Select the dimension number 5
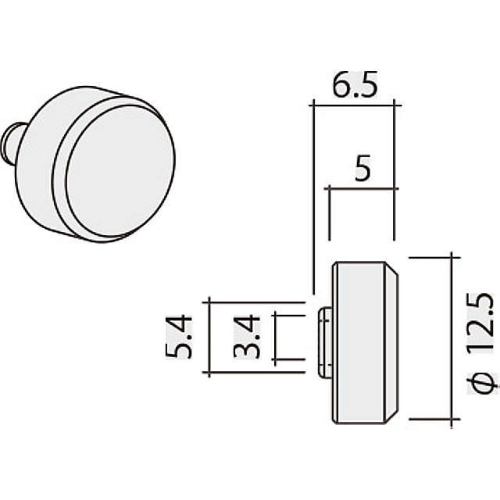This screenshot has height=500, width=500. click(x=362, y=170)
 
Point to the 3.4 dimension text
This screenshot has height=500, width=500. click(x=248, y=337)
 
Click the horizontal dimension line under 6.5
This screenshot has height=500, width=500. click(x=353, y=102)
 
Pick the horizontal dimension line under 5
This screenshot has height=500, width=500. click(x=362, y=187)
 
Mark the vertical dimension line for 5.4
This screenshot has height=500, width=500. click(x=209, y=336)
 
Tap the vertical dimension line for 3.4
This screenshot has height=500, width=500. click(x=274, y=337)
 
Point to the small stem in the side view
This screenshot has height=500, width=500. click(x=324, y=337)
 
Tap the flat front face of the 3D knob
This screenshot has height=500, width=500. click(x=120, y=173)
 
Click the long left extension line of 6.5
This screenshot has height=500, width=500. click(x=312, y=195)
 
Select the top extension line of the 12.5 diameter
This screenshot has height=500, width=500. click(x=430, y=256)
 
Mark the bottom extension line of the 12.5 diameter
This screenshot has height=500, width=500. click(x=430, y=425)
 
